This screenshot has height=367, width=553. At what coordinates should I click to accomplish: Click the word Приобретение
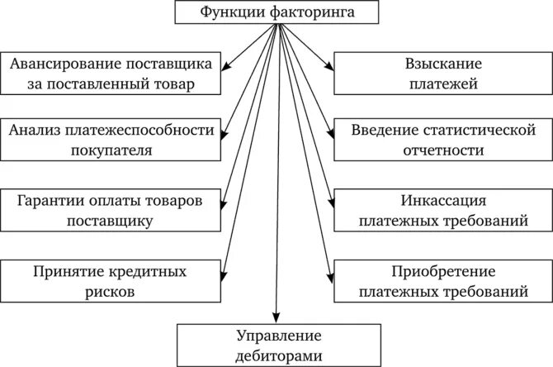(443, 270)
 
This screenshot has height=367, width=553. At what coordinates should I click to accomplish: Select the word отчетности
(443, 150)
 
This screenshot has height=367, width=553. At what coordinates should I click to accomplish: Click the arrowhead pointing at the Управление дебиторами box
(276, 317)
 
